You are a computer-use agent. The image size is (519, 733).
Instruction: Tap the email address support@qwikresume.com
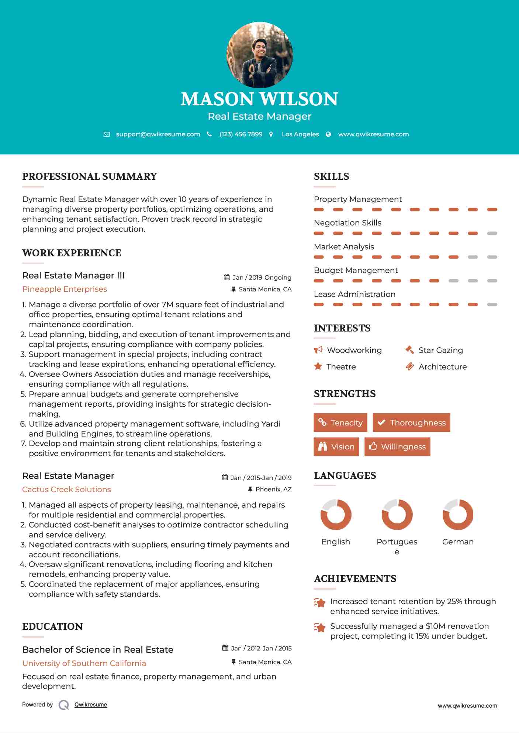tap(158, 134)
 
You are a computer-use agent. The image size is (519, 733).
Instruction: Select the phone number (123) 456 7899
tap(241, 134)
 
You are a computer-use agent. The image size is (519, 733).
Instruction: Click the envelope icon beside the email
tap(107, 134)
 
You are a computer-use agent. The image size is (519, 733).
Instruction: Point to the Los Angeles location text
tap(300, 134)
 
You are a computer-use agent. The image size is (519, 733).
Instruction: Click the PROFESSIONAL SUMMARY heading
tap(90, 176)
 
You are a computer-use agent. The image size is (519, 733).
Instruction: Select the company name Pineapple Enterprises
tap(65, 289)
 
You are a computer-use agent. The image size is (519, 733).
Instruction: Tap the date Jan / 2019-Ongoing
tap(262, 278)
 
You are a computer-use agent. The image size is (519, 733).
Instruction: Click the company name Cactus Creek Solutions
tap(66, 490)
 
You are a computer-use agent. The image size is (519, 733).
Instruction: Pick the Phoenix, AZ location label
tap(273, 489)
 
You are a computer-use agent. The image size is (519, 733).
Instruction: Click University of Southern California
tap(84, 663)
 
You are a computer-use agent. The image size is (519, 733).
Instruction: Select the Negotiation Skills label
tap(347, 223)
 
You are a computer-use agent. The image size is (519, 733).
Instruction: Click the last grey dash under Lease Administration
tap(492, 305)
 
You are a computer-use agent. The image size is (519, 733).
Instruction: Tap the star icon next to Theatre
tap(318, 366)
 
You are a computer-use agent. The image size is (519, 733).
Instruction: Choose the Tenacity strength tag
tap(340, 422)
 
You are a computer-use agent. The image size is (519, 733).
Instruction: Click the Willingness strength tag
tap(397, 447)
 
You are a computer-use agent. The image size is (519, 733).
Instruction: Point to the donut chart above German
tap(458, 515)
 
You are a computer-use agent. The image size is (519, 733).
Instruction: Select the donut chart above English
tap(336, 515)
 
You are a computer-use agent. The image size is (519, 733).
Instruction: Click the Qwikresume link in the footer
tap(91, 705)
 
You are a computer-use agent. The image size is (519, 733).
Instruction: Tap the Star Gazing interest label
tap(440, 350)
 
